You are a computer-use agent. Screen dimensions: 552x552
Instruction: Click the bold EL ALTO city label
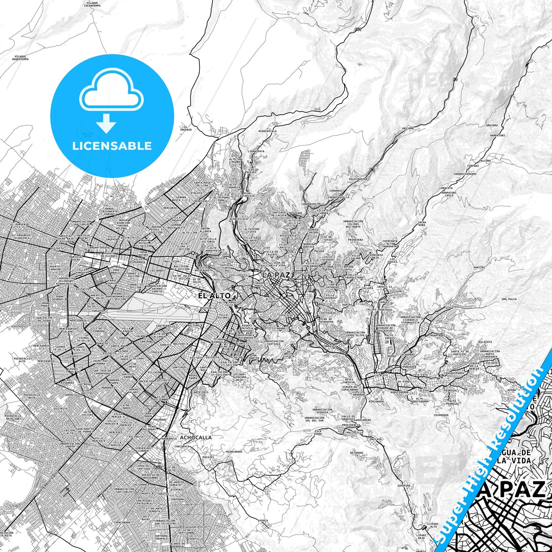[x=214, y=296]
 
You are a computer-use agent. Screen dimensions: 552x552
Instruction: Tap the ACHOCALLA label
[x=196, y=437]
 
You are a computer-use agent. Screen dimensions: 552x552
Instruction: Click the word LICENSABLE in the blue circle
[x=112, y=146]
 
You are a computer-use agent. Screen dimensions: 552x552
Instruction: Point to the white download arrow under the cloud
[x=106, y=123]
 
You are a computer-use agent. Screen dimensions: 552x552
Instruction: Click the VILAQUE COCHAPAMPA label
[x=92, y=5]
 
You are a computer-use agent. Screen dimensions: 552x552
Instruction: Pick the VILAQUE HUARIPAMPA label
[x=20, y=58]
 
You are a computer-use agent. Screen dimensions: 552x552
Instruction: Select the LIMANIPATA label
[x=256, y=151]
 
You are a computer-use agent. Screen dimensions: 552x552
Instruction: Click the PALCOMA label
[x=484, y=161]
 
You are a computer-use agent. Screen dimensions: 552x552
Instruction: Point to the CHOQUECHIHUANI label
[x=465, y=174]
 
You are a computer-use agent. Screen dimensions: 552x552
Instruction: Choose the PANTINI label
[x=479, y=267]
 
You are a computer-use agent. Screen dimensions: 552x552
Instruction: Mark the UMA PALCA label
[x=509, y=299]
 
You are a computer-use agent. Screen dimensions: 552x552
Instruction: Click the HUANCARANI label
[x=234, y=452]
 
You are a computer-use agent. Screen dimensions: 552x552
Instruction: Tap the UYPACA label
[x=263, y=520]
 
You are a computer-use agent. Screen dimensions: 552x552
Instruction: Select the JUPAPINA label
[x=403, y=486]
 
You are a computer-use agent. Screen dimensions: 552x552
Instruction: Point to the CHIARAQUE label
[x=441, y=415]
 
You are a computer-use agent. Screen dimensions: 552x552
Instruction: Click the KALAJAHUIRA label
[x=358, y=179]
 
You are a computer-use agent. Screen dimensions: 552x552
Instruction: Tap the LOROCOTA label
[x=446, y=188]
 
